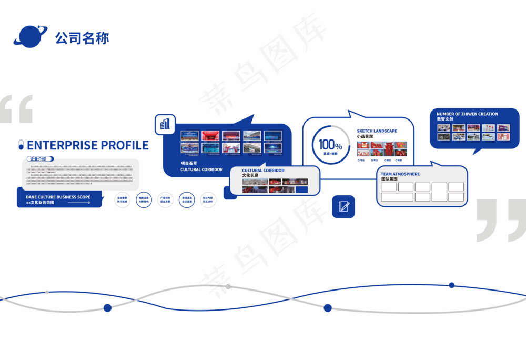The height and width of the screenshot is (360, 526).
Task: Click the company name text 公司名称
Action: tap(82, 38)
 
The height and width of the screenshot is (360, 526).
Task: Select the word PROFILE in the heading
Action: tap(122, 145)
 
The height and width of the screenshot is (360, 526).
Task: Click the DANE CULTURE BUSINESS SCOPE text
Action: tap(58, 197)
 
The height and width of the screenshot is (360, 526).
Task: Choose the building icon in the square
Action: tap(165, 124)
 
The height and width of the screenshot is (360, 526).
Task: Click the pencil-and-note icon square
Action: tap(343, 206)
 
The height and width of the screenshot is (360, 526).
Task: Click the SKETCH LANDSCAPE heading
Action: tap(377, 131)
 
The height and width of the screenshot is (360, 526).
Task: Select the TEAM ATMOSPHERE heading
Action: tap(400, 174)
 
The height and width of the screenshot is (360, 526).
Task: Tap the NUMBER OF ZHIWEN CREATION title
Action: tap(467, 114)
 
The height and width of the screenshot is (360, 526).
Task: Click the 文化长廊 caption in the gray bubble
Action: tap(250, 175)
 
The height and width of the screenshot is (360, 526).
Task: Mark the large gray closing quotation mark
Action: tap(500, 220)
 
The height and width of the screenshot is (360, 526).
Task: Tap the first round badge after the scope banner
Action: tap(123, 200)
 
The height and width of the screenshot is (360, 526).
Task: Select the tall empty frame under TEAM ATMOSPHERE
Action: tap(439, 192)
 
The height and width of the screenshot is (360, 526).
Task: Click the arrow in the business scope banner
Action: tap(82, 203)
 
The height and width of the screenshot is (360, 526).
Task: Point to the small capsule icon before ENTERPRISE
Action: tap(21, 145)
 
